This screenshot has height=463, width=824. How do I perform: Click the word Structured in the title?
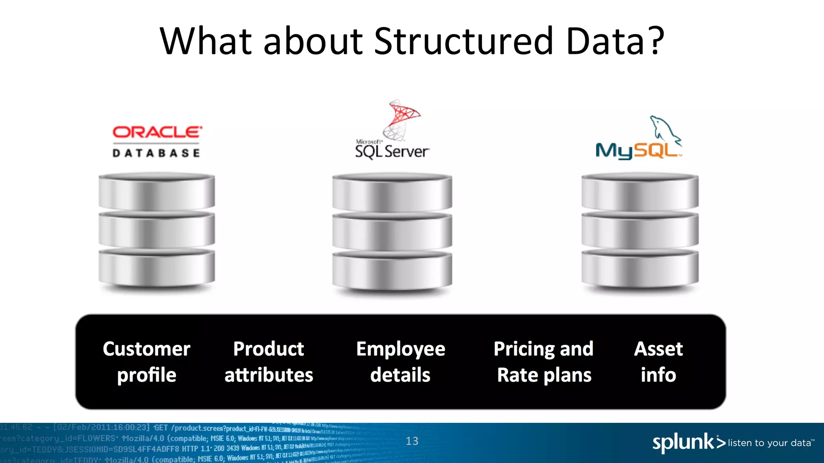pyautogui.click(x=464, y=41)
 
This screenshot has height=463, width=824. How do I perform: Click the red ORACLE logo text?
pyautogui.click(x=157, y=132)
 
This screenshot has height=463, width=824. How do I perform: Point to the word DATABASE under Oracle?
pyautogui.click(x=156, y=153)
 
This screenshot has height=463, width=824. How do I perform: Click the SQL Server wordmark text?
pyautogui.click(x=392, y=152)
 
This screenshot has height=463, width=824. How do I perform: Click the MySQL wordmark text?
pyautogui.click(x=638, y=151)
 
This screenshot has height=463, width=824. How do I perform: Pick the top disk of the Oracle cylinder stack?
pyautogui.click(x=157, y=192)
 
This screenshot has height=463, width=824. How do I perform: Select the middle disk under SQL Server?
pyautogui.click(x=392, y=231)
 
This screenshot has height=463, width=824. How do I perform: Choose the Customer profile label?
pyautogui.click(x=146, y=362)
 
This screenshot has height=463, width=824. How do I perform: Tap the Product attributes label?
pyautogui.click(x=269, y=362)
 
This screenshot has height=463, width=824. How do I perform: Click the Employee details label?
pyautogui.click(x=401, y=362)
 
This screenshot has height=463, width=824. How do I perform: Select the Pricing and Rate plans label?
pyautogui.click(x=544, y=362)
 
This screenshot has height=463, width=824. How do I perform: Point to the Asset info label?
pyautogui.click(x=658, y=362)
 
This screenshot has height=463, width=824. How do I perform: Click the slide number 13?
pyautogui.click(x=412, y=441)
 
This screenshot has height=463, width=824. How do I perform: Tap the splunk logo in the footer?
pyautogui.click(x=688, y=443)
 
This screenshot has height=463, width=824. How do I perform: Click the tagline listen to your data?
pyautogui.click(x=770, y=443)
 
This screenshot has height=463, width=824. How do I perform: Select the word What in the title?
pyautogui.click(x=205, y=41)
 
